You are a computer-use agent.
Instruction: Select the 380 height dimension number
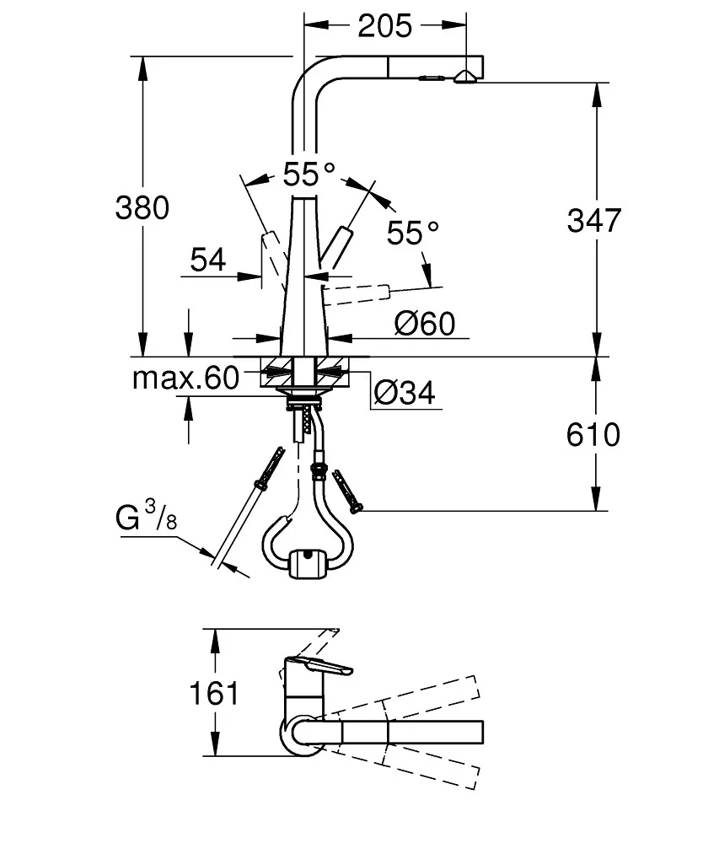pos(142,207)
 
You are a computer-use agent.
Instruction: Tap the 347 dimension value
pos(593,220)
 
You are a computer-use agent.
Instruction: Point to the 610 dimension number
pos(593,434)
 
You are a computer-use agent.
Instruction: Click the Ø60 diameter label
pos(424,324)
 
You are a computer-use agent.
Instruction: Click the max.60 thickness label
pos(185,378)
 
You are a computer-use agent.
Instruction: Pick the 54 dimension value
pos(208,260)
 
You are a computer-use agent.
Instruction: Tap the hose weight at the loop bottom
pos(307,563)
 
